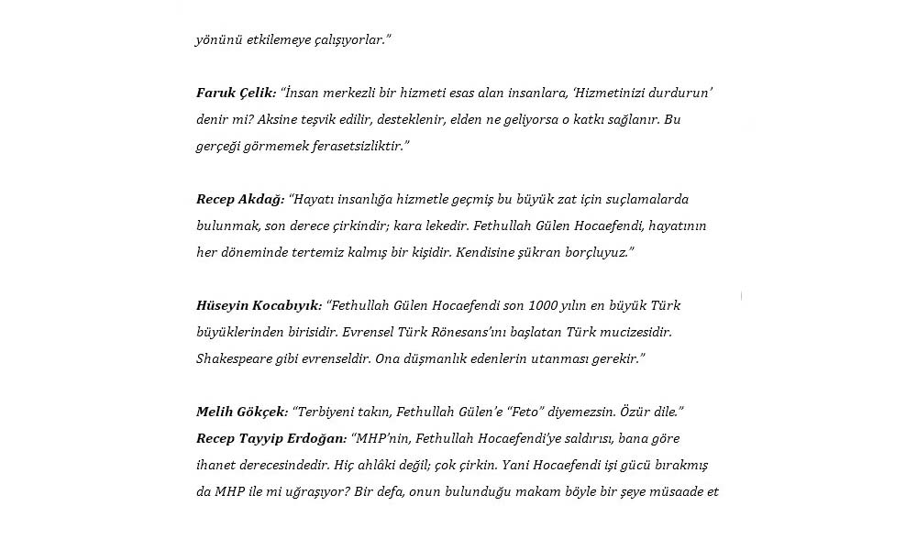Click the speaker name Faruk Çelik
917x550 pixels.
point(236,93)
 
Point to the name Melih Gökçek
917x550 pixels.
point(239,412)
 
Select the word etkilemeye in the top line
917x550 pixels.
point(272,39)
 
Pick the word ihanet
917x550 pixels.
point(216,465)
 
